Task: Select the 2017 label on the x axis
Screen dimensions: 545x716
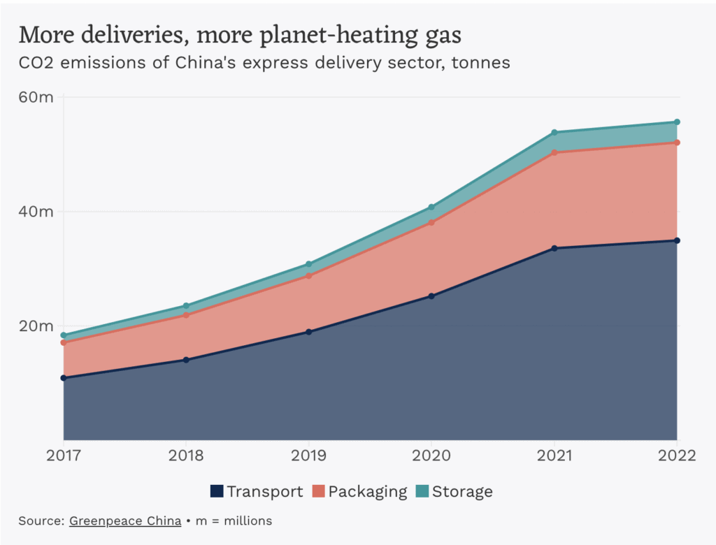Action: (x=64, y=456)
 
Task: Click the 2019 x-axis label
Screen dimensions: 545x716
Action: (x=308, y=456)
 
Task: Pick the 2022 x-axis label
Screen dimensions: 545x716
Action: (x=677, y=456)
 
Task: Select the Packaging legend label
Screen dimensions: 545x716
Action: (x=368, y=491)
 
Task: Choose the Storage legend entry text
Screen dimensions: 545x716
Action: (x=462, y=491)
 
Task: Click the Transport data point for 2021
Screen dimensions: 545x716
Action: (x=554, y=248)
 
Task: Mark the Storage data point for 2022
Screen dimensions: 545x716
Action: (x=677, y=122)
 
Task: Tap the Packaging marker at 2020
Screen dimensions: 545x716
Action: (x=431, y=222)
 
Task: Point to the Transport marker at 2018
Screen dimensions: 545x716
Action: (x=186, y=360)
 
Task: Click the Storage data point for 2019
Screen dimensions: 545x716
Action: (x=308, y=264)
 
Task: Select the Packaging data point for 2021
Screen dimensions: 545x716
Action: (x=554, y=152)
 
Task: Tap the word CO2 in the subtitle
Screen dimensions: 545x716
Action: (x=33, y=62)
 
